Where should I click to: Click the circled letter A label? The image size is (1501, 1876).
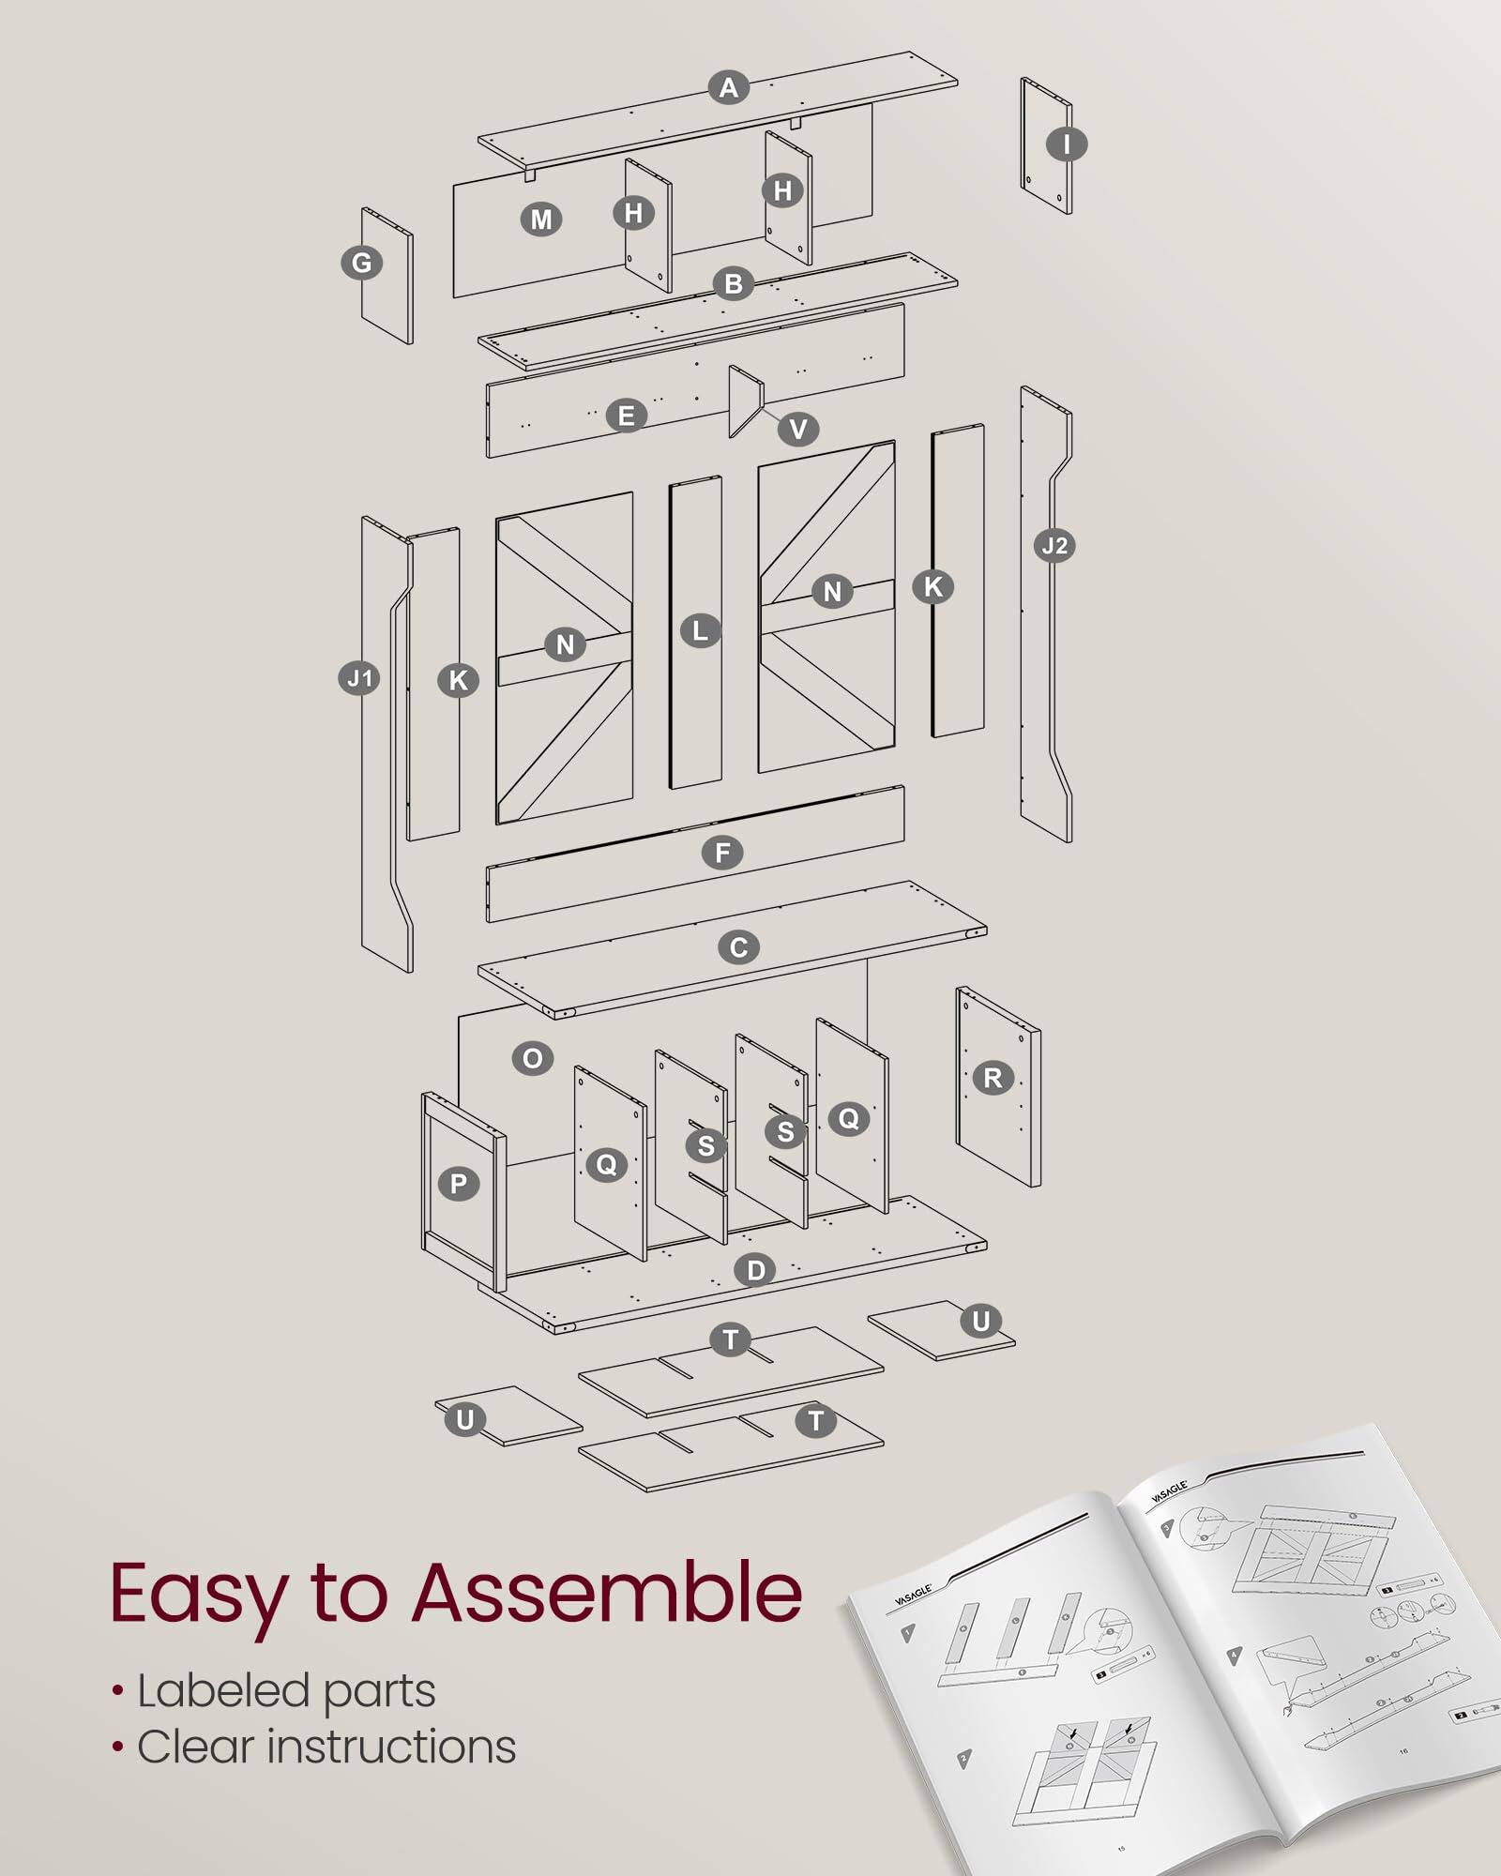728,88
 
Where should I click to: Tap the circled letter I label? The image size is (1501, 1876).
1067,144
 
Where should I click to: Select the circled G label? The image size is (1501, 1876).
361,264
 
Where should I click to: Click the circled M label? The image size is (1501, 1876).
541,220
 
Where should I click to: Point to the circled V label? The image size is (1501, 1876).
798,430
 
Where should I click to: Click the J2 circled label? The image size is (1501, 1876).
1054,546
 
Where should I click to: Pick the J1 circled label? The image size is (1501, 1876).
359,678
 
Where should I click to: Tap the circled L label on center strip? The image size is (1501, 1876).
700,630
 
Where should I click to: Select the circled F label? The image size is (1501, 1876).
722,853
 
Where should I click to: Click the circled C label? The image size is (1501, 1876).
738,947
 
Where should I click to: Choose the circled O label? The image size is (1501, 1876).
533,1059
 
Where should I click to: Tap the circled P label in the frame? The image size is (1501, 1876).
459,1184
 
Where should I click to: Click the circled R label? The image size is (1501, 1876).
993,1078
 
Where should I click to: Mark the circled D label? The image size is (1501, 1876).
755,1271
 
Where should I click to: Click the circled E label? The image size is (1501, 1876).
626,416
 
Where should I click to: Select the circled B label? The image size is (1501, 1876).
734,283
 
